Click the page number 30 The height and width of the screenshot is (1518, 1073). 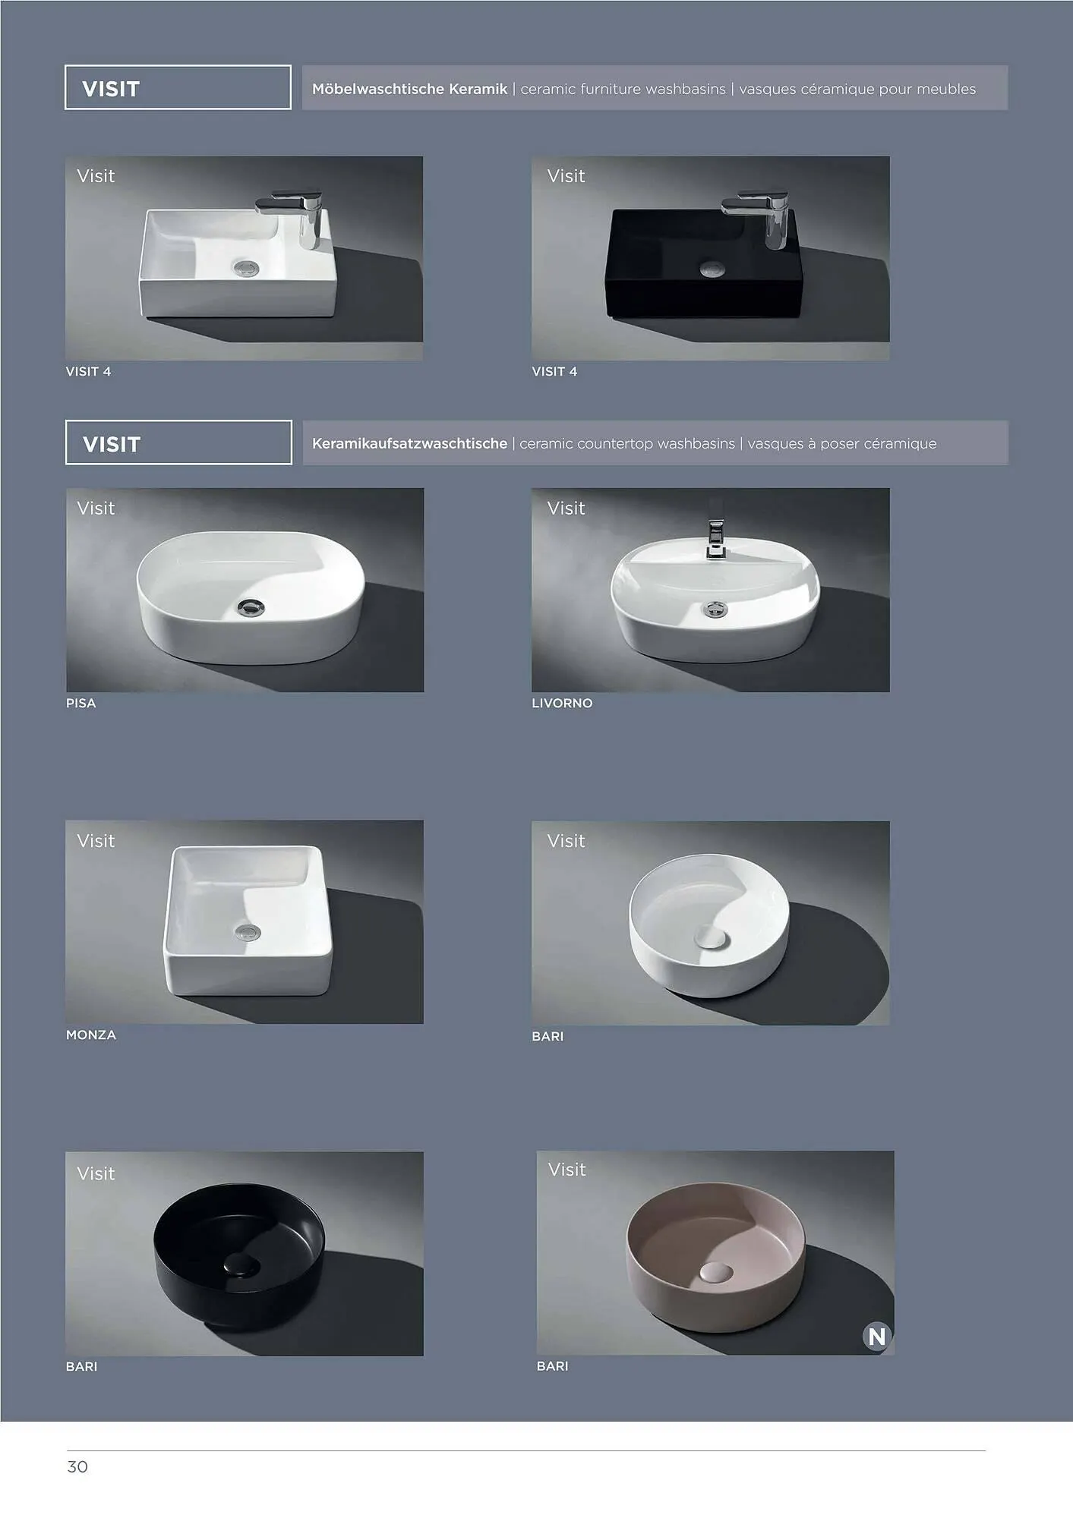pos(77,1466)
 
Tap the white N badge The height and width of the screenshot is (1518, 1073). pos(876,1336)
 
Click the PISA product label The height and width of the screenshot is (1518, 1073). pos(81,703)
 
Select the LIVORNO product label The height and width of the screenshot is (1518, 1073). pos(562,703)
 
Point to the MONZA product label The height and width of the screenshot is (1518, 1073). pos(91,1035)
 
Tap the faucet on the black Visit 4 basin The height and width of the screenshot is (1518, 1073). pos(758,217)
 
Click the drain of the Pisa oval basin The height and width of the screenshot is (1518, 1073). pos(251,606)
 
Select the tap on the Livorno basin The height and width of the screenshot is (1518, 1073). pos(715,538)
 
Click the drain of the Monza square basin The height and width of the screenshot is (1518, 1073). pos(248,932)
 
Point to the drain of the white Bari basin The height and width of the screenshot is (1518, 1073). pos(712,938)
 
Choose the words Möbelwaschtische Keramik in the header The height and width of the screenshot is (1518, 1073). pos(409,89)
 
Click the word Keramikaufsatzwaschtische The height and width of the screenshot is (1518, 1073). pos(409,443)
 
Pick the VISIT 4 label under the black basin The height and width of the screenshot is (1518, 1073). pos(554,371)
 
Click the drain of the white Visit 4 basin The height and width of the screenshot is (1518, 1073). pos(246,267)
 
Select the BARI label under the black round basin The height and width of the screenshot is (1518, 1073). pos(81,1366)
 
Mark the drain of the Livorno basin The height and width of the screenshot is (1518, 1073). pos(715,609)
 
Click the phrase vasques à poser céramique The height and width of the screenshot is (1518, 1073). pos(842,443)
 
